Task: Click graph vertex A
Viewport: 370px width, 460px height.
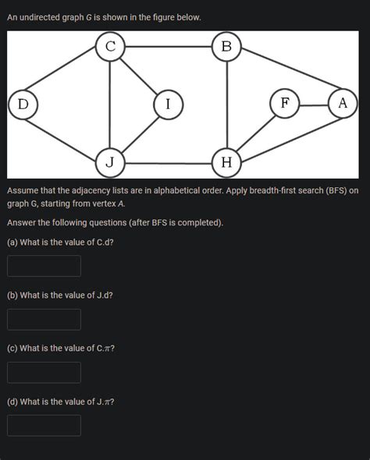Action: pos(342,104)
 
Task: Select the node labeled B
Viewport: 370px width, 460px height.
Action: pos(226,47)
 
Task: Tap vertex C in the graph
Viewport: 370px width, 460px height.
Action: pos(110,47)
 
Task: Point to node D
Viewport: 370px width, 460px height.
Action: pos(23,104)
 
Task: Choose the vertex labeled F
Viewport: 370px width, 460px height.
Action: pos(284,104)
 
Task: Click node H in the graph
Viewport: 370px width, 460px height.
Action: pos(226,162)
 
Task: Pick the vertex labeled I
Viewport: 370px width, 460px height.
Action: pos(168,104)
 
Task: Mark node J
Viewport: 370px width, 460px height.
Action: pos(110,162)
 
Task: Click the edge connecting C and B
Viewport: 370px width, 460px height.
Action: pos(168,47)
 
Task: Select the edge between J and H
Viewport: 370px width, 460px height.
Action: pos(168,163)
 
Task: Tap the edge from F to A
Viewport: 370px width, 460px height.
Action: pos(313,104)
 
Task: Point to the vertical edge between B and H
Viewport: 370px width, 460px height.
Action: pos(226,104)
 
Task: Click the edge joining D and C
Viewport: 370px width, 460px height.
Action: pos(66,75)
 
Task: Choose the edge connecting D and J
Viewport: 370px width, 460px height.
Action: pos(66,133)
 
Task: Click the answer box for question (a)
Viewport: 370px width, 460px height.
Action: pos(44,266)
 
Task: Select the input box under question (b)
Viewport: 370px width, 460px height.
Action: pos(44,319)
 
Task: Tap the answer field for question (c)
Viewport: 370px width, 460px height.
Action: pos(44,372)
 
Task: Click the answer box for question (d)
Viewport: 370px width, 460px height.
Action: pos(44,425)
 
